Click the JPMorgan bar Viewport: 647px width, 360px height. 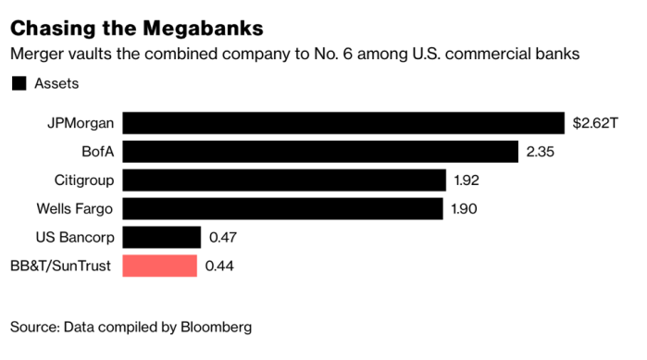click(343, 123)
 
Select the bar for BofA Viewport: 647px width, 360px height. click(320, 152)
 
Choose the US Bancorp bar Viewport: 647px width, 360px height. click(162, 238)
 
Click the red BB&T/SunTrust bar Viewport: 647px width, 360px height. click(160, 267)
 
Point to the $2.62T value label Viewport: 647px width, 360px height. click(594, 123)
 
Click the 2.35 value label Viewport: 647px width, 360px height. click(541, 152)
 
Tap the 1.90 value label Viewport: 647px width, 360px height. click(465, 209)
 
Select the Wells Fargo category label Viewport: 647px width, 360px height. click(72, 209)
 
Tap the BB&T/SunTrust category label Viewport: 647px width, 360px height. click(61, 267)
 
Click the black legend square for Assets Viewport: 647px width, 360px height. click(18, 84)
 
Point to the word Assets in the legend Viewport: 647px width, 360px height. click(56, 84)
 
